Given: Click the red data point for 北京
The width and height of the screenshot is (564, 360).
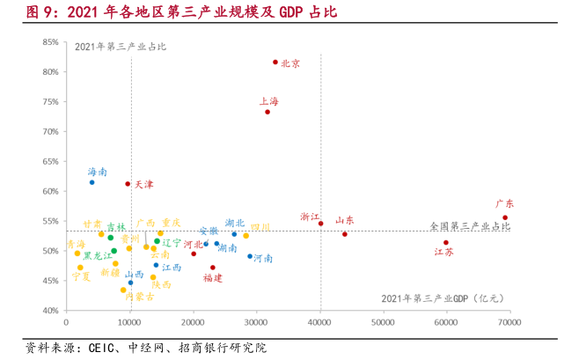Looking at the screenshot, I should point(275,62).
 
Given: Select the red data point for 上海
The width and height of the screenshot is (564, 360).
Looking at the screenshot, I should point(267,112).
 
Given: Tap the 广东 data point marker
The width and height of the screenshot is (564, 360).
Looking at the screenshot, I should point(505,217).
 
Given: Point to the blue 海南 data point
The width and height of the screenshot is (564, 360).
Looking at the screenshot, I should point(92,182).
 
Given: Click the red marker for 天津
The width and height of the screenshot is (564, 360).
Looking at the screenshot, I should point(128,184).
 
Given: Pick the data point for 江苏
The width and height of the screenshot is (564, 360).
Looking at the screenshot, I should point(446,243).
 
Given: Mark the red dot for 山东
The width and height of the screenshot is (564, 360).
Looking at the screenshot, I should point(345,234).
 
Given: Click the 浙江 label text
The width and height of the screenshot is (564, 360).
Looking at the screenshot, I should point(310,217).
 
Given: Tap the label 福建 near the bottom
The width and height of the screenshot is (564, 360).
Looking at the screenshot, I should point(212,278).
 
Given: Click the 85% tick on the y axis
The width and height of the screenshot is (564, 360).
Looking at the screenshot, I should point(50,42).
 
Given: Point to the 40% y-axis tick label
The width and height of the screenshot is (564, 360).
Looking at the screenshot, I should point(50,311).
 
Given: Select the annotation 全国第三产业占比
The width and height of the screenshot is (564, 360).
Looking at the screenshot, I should point(470,227).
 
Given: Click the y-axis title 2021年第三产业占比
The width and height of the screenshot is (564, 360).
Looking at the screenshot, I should point(120,47).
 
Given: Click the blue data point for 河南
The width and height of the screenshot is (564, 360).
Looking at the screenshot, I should point(250,257).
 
